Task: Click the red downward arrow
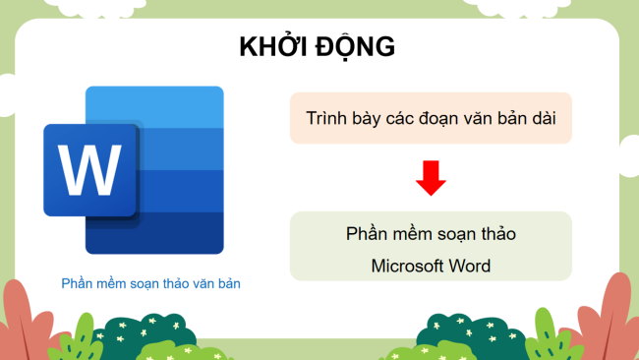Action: (x=431, y=178)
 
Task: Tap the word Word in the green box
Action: (x=467, y=266)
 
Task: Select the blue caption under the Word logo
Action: (x=150, y=283)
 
